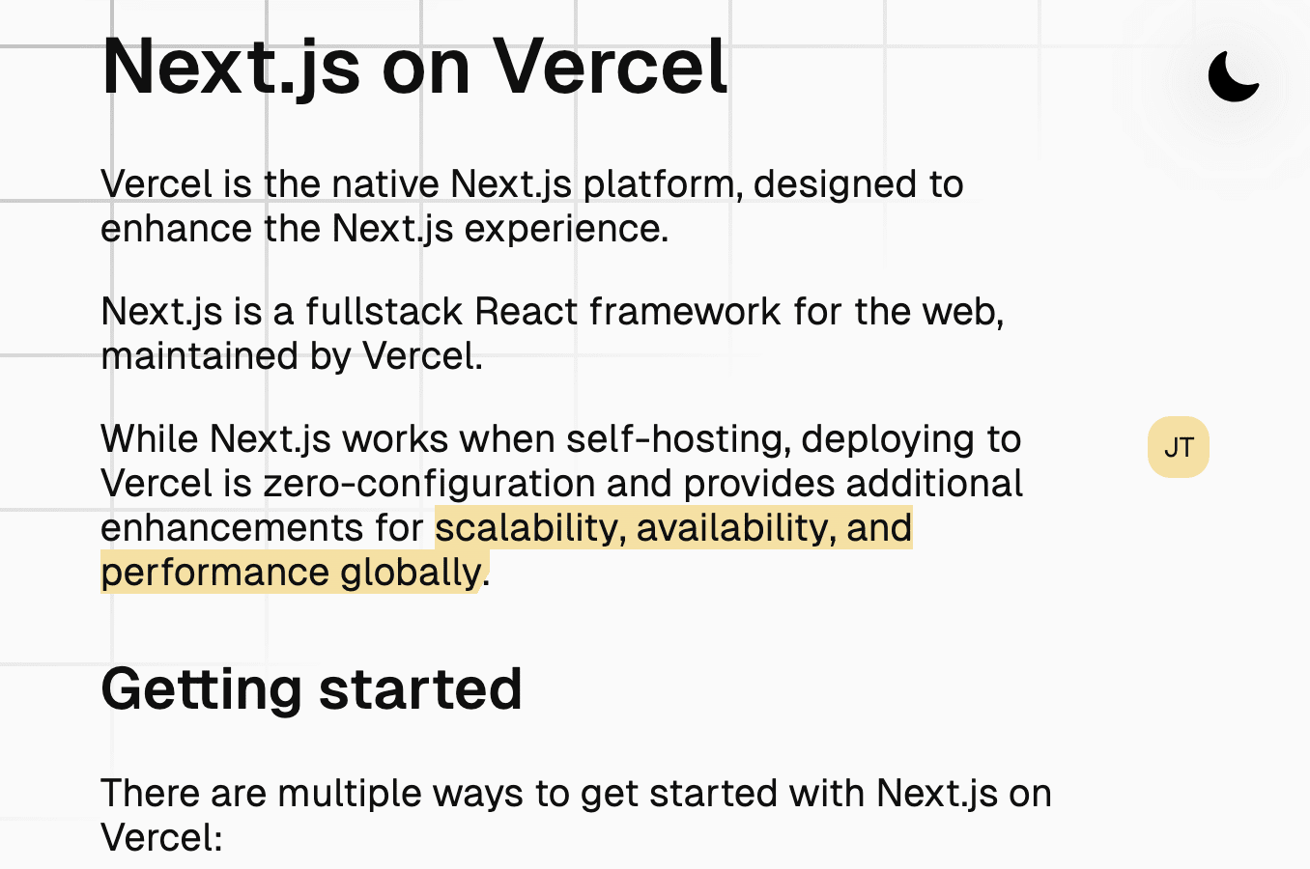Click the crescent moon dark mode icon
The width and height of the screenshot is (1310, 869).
[x=1231, y=77]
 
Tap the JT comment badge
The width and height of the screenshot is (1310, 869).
[x=1179, y=447]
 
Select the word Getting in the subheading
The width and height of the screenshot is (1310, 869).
[x=201, y=690]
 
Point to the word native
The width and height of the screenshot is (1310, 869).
[x=385, y=184]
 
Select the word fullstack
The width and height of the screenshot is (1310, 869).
[x=384, y=311]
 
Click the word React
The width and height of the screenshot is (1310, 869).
[x=527, y=311]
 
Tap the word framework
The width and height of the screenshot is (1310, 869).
[x=685, y=311]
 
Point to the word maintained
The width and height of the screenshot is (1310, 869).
[x=199, y=356]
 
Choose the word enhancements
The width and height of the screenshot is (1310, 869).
[x=232, y=528]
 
